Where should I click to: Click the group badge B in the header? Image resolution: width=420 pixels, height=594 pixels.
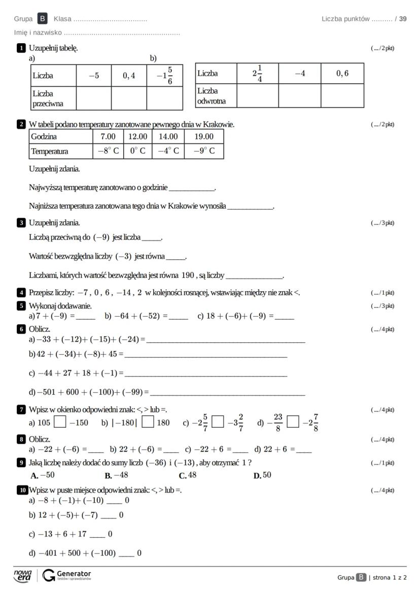[x=43, y=19]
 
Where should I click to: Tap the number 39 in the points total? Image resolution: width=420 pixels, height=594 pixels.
[x=403, y=19]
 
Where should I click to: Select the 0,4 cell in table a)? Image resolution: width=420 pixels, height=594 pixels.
[x=129, y=76]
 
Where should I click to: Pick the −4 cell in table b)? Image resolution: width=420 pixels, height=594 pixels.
[x=300, y=73]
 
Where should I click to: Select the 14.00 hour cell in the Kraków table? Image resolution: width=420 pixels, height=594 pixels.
[x=168, y=136]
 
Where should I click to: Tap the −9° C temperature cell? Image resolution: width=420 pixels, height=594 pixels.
[x=204, y=151]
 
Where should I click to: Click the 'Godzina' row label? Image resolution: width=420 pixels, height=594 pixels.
[x=44, y=136]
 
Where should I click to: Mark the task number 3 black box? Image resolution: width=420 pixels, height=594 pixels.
[x=21, y=223]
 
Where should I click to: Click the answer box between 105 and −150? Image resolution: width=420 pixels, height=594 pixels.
[x=60, y=422]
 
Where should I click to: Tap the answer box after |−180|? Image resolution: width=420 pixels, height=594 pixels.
[x=148, y=422]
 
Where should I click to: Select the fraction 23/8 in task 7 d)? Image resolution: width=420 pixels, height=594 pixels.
[x=278, y=422]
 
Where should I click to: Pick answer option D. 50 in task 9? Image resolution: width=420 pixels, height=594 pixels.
[x=263, y=475]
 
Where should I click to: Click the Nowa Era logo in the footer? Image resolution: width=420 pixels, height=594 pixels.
[x=22, y=575]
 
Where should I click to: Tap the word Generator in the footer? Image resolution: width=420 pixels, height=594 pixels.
[x=74, y=573]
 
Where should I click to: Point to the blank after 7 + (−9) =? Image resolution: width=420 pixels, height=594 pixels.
[x=85, y=317]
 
